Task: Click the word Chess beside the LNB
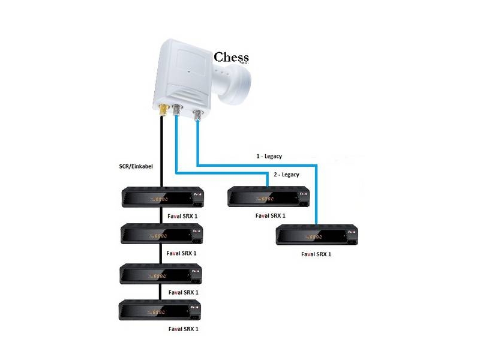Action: point(231,58)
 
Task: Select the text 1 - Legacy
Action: point(269,156)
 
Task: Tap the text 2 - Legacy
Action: point(286,174)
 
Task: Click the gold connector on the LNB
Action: point(163,110)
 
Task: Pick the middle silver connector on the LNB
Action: point(177,110)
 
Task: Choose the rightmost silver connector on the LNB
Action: point(197,113)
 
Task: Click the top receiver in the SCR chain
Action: point(162,197)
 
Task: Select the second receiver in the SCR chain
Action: point(161,233)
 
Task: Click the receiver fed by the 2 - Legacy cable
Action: point(268,197)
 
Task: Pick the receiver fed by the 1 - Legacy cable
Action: point(317,235)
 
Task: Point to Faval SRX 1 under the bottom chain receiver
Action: point(183,329)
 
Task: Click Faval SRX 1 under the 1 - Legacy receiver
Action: point(316,254)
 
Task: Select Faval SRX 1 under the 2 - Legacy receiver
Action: point(270,215)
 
